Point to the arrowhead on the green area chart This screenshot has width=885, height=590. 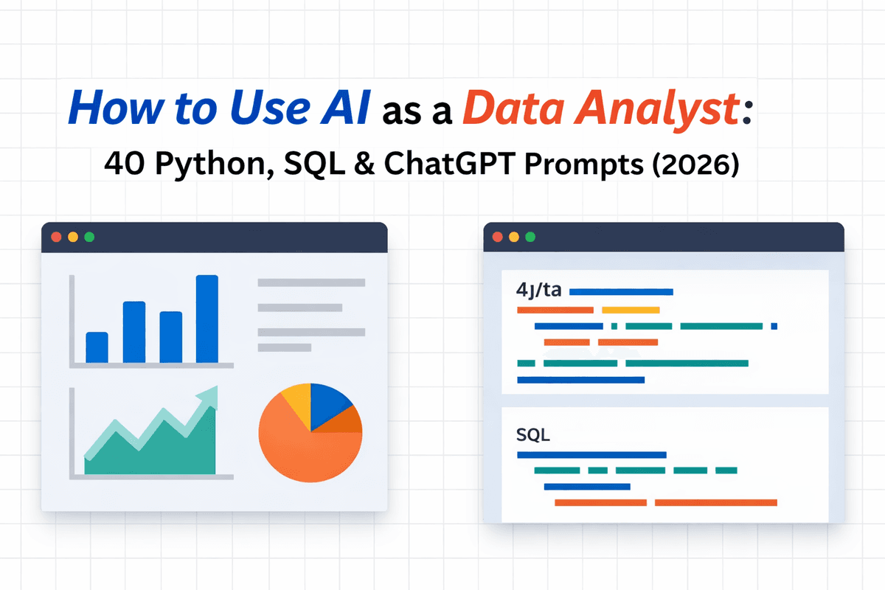209,396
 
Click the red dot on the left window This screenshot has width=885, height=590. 56,237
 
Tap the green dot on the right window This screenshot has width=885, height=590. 530,237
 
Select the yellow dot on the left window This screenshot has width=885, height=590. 72,237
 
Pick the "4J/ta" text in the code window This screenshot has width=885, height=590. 539,291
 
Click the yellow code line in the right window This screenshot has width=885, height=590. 631,310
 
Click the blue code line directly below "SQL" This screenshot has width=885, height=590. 591,455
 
